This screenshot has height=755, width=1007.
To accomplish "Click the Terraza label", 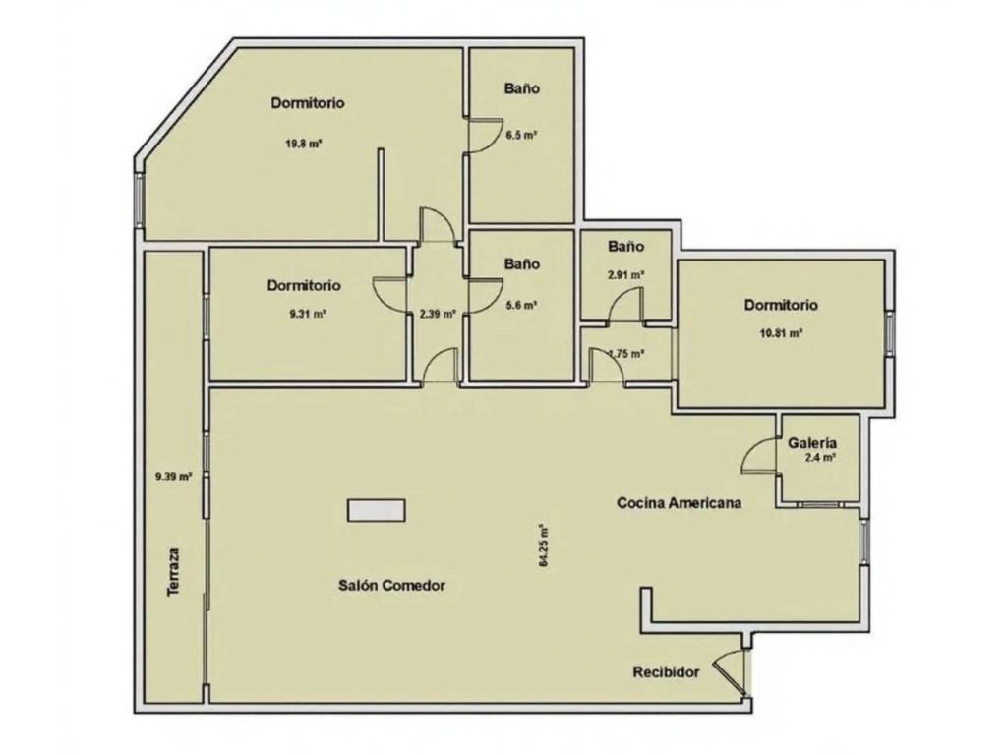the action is [x=173, y=571].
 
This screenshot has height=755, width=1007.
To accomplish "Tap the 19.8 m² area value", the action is [x=303, y=144].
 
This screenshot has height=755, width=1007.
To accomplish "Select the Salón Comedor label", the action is [x=391, y=586].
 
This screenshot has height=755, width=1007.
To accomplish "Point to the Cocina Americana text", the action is [x=679, y=502].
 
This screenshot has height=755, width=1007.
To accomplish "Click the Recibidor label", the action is [x=666, y=672].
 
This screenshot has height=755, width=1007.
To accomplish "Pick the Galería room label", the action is [x=812, y=443].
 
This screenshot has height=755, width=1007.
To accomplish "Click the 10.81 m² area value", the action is [x=781, y=333].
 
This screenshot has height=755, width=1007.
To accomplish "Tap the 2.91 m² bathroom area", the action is [x=626, y=275].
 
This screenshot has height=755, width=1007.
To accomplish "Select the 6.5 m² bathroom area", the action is [x=521, y=135].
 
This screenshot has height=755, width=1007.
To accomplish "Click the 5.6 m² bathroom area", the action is [x=521, y=306].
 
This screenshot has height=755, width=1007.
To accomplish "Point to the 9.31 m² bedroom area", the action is [x=307, y=314].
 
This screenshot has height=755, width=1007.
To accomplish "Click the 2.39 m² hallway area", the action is [x=438, y=314].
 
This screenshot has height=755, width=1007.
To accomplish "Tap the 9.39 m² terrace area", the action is [x=173, y=477].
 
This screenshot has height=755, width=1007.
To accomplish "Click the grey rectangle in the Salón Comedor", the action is [x=377, y=510].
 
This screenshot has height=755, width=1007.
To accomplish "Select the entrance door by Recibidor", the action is [x=732, y=671].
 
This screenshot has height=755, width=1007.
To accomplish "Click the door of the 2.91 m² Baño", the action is [x=624, y=305].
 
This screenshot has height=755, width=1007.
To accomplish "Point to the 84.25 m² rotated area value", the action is [x=543, y=546].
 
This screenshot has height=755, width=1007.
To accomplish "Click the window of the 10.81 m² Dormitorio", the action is [x=890, y=333].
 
